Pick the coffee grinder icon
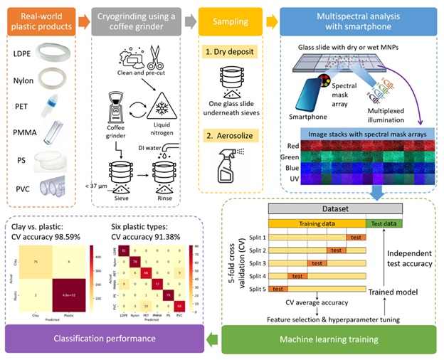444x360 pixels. [x=121, y=105]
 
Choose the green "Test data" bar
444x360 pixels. [x=384, y=223]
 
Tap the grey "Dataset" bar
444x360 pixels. [x=334, y=210]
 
